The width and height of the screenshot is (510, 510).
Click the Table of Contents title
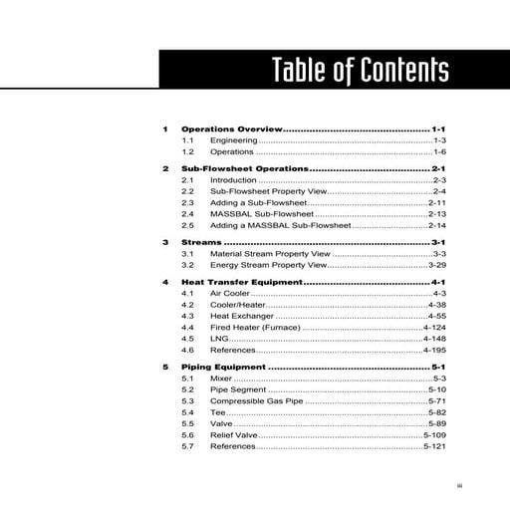click(x=361, y=71)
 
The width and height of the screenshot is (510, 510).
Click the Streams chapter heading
click(x=202, y=242)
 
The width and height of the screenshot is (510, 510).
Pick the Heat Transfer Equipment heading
click(x=242, y=283)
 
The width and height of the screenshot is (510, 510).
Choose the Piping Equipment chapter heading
click(x=223, y=368)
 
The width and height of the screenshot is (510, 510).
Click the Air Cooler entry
click(x=230, y=294)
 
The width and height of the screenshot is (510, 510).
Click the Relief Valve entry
click(x=234, y=435)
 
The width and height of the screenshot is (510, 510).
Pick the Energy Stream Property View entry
click(x=267, y=266)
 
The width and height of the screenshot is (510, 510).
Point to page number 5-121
click(x=434, y=447)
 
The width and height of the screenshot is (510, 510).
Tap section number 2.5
click(x=187, y=225)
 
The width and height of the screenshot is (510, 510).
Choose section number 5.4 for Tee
click(x=187, y=412)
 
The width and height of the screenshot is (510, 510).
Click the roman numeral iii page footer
click(x=459, y=485)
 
